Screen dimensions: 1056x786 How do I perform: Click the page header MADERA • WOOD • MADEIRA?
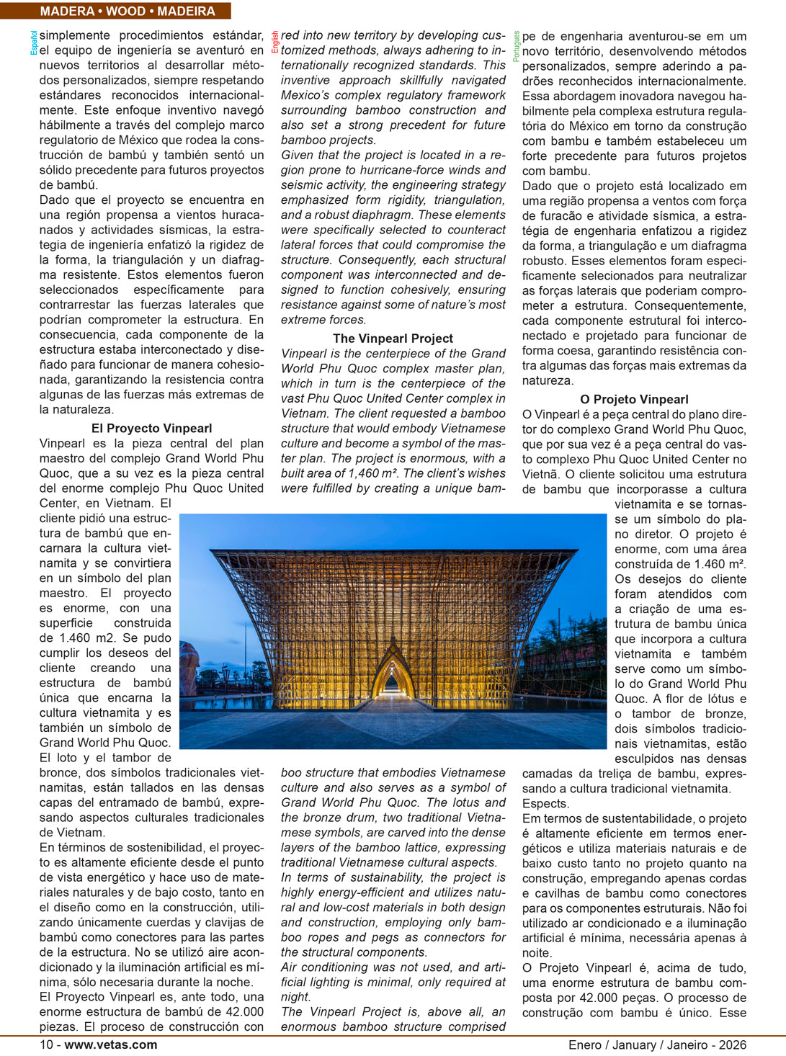[x=128, y=12]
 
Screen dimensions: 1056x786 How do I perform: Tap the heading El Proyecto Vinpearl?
[x=151, y=429]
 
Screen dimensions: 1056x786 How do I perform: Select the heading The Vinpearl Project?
[x=393, y=339]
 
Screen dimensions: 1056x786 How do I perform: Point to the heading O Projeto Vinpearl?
[x=634, y=399]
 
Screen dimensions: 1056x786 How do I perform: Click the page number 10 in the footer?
[x=46, y=1044]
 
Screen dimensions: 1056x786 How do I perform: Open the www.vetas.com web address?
[x=111, y=1044]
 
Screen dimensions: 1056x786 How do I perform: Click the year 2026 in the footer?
[x=733, y=1044]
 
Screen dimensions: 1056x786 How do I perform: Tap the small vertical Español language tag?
[x=34, y=42]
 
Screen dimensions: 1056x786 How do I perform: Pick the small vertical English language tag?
[x=275, y=42]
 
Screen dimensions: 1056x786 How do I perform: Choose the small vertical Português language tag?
[x=517, y=46]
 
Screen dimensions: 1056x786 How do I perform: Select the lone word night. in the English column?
[x=295, y=997]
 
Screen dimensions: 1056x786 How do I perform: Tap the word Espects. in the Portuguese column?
[x=545, y=804]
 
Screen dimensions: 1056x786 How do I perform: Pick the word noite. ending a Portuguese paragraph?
[x=537, y=953]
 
